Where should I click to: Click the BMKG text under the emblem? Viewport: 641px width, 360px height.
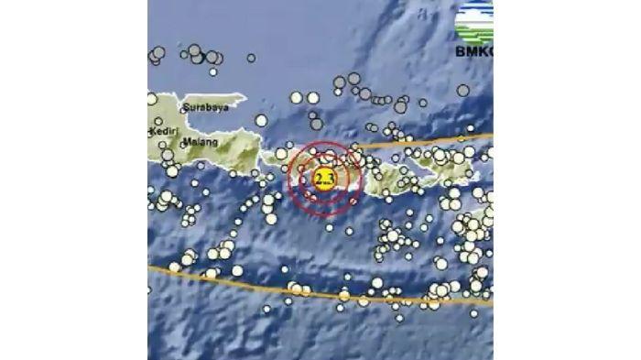[473, 51]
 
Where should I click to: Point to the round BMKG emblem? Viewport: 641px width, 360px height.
[474, 20]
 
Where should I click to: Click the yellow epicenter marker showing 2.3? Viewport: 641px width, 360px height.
[323, 178]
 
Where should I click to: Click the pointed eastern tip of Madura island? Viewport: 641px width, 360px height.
[245, 96]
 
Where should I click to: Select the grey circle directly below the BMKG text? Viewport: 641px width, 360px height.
[463, 90]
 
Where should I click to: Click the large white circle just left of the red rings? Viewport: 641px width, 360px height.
[282, 154]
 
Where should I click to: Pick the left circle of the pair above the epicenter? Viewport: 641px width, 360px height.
[297, 97]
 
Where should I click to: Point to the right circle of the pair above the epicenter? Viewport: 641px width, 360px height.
[313, 97]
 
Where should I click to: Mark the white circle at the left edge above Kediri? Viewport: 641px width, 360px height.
[152, 99]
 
